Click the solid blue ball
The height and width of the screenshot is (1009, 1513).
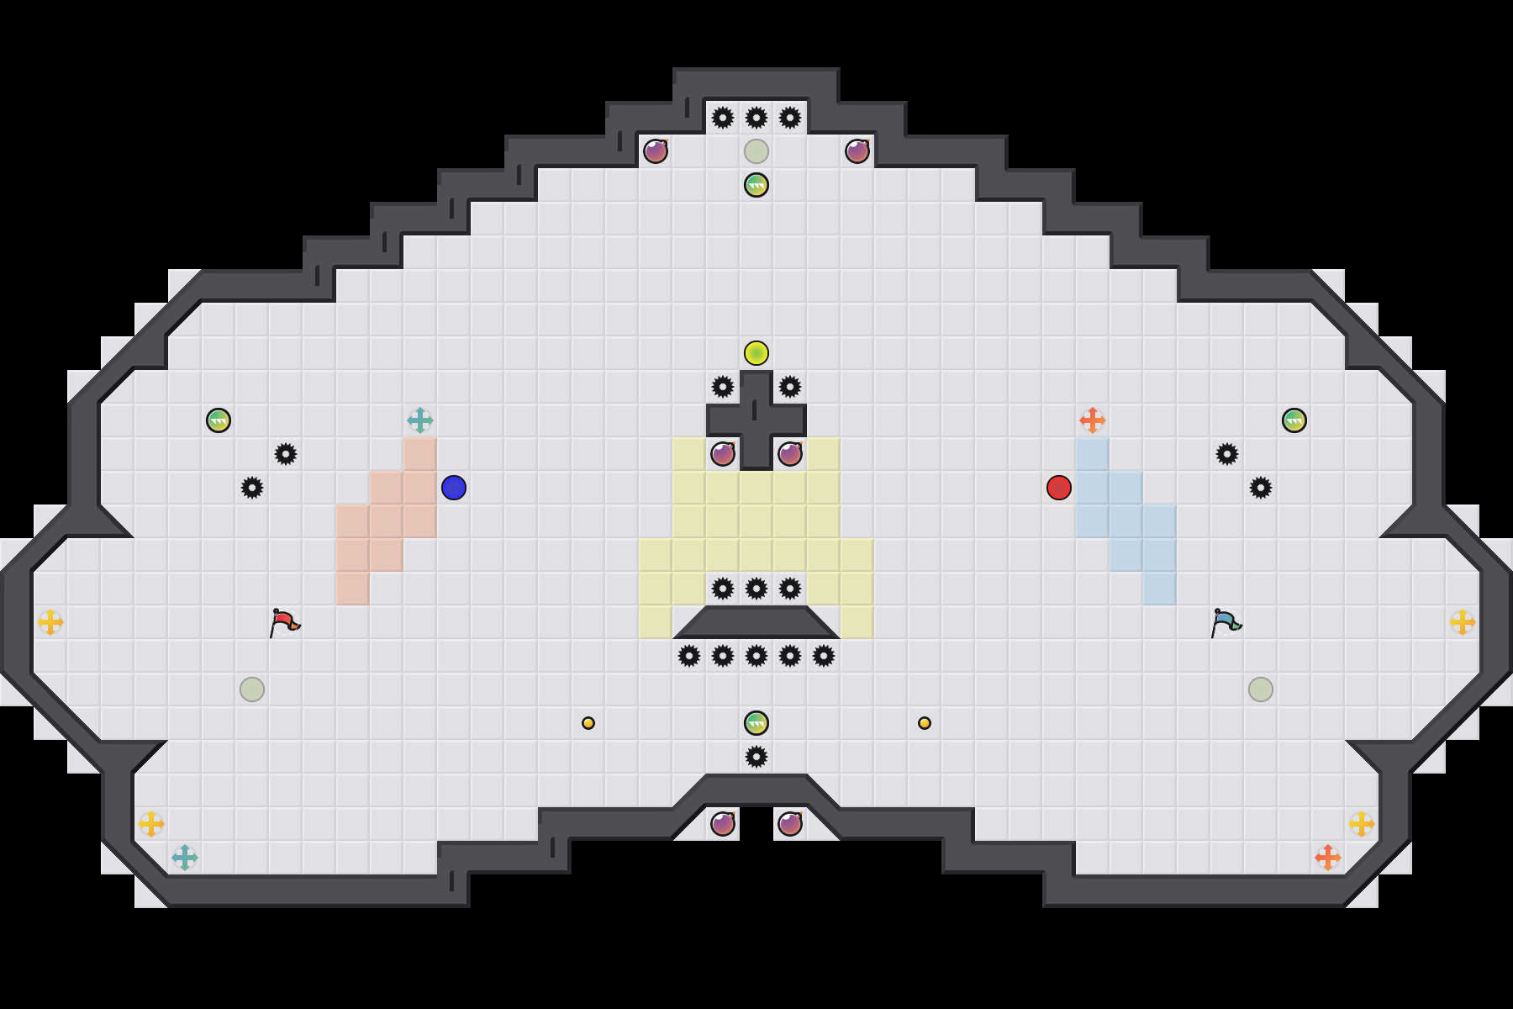[454, 488]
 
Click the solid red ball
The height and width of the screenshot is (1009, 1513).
[1059, 488]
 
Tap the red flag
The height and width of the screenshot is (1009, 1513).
[284, 622]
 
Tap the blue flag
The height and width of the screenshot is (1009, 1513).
[1226, 622]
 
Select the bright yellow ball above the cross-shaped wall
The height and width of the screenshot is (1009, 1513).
[756, 353]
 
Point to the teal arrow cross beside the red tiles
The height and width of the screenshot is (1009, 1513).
[420, 420]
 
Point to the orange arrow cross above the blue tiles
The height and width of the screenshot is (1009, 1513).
[1093, 420]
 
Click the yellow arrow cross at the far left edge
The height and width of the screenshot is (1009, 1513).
[50, 622]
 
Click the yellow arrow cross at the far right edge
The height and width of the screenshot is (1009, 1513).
[1463, 622]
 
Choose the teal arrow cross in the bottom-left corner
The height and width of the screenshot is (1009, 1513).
[185, 858]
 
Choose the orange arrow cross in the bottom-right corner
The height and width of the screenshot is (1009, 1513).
[1328, 858]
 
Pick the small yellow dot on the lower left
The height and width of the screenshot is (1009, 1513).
[588, 723]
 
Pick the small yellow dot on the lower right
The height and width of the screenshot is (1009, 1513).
[925, 723]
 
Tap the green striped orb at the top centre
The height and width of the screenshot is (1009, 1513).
[756, 185]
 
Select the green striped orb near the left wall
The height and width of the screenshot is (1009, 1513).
[219, 420]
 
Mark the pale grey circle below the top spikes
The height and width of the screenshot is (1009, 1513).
[756, 151]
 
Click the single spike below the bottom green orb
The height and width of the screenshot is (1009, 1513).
[756, 757]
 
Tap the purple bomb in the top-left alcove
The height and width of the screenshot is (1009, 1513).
[656, 151]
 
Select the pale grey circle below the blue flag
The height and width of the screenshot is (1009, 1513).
[1261, 689]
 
